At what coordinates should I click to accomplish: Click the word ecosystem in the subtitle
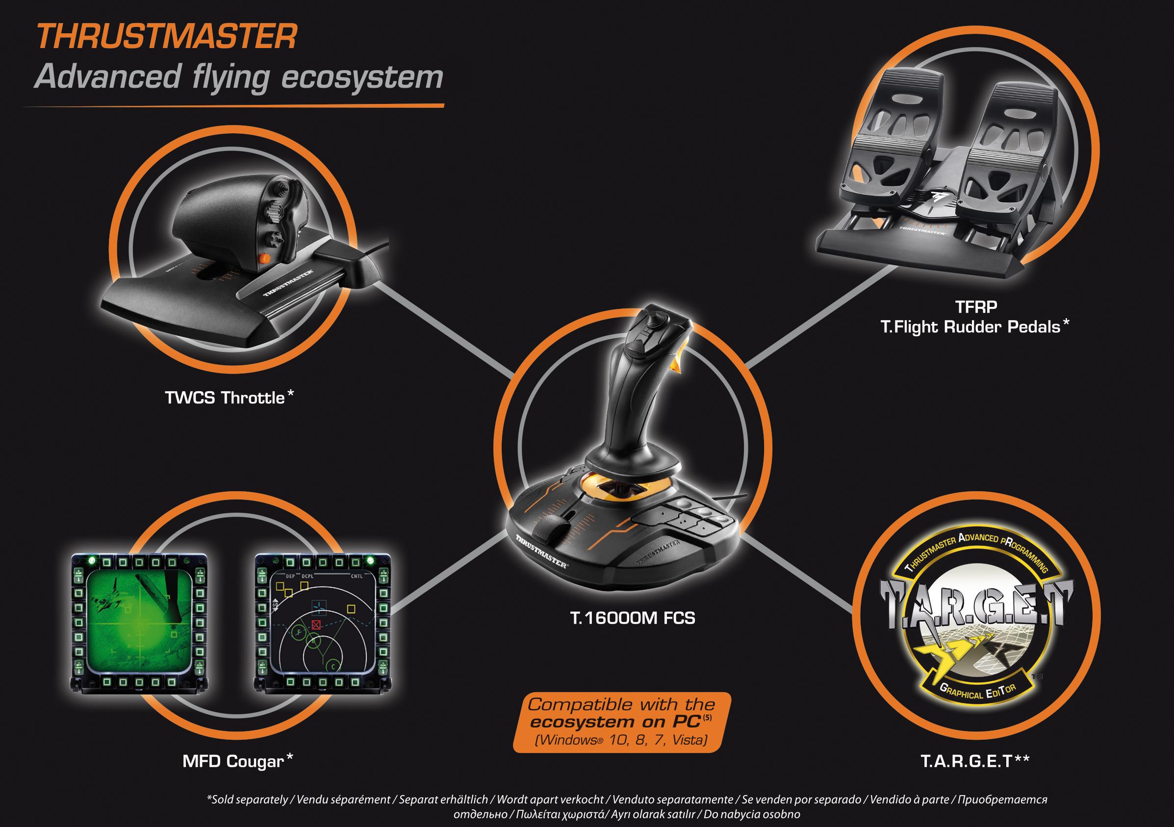coord(362,77)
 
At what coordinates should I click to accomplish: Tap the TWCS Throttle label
coord(225,398)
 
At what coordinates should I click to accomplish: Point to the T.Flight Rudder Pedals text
coord(970,326)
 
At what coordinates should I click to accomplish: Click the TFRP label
coord(975,307)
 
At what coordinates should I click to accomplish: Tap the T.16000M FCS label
coord(633,618)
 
